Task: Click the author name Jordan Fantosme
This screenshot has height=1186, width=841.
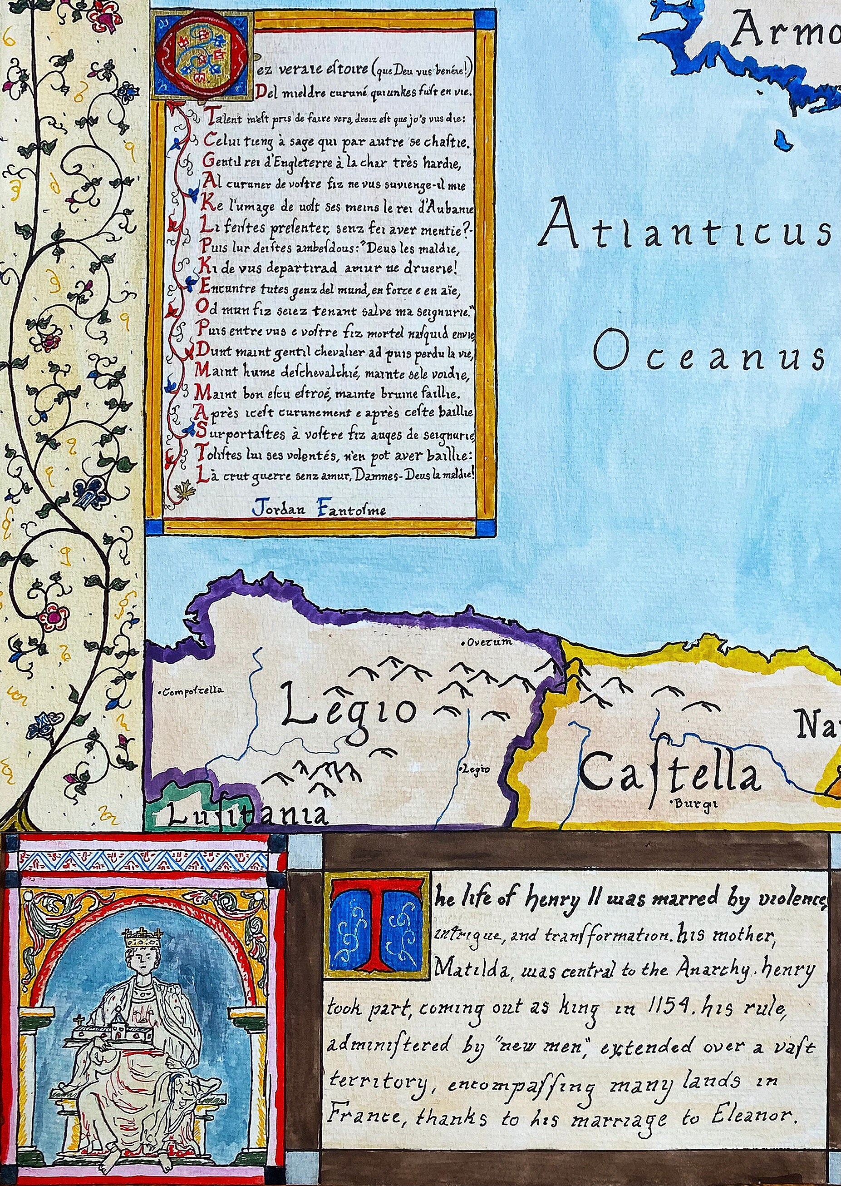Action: coord(319,509)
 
